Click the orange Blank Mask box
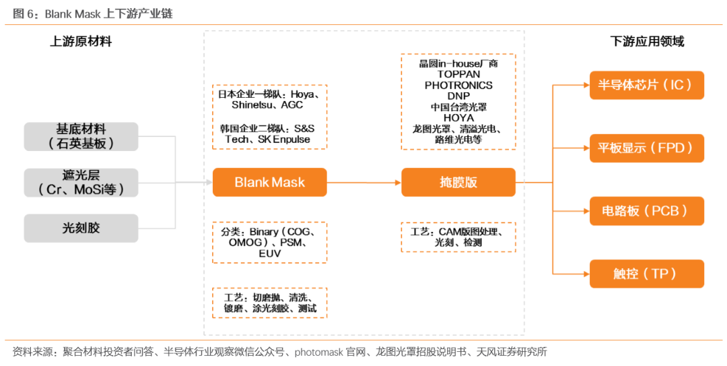click(269, 182)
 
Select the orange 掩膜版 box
click(458, 182)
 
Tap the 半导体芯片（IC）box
click(646, 86)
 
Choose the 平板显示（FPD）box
click(646, 148)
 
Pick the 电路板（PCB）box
click(646, 211)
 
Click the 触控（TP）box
click(646, 274)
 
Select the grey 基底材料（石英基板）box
click(81, 136)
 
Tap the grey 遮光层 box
click(81, 183)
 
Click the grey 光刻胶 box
click(81, 228)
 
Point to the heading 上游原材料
click(81, 42)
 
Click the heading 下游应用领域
click(647, 42)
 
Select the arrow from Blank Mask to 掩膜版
click(363, 182)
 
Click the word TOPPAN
click(458, 74)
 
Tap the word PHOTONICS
click(458, 86)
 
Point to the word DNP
click(458, 96)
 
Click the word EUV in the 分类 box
click(269, 253)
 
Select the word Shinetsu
click(248, 105)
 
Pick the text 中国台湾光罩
click(458, 107)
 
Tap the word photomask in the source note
click(320, 351)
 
